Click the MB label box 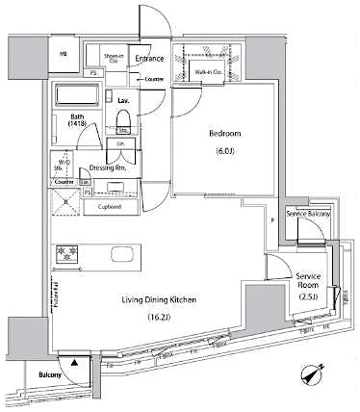coord(62,55)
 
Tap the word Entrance coord(150,59)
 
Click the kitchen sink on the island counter coord(124,254)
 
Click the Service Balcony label coord(309,212)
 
